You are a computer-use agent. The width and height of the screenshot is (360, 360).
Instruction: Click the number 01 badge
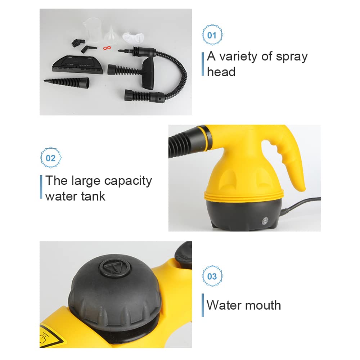[x=212, y=35]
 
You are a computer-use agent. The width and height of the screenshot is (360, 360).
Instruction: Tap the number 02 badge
[x=51, y=158]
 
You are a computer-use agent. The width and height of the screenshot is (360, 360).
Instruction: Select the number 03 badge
[x=212, y=276]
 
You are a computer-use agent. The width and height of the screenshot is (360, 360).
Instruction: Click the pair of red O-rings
[x=106, y=48]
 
